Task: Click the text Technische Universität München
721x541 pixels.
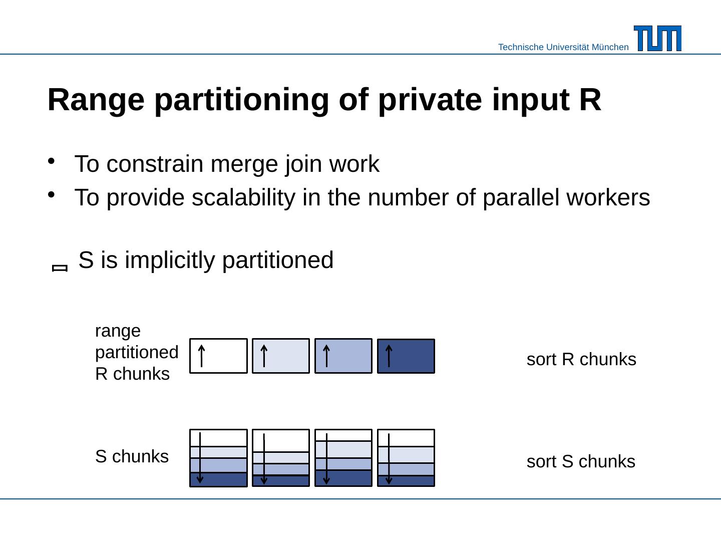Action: (x=563, y=47)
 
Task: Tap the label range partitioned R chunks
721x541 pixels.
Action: (x=136, y=352)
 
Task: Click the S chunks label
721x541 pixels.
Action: (x=132, y=456)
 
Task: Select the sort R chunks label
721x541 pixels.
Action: (x=581, y=359)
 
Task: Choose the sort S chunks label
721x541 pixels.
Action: (x=581, y=461)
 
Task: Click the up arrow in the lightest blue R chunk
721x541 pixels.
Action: (x=264, y=356)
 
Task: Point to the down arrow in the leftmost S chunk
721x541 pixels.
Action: (x=200, y=457)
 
